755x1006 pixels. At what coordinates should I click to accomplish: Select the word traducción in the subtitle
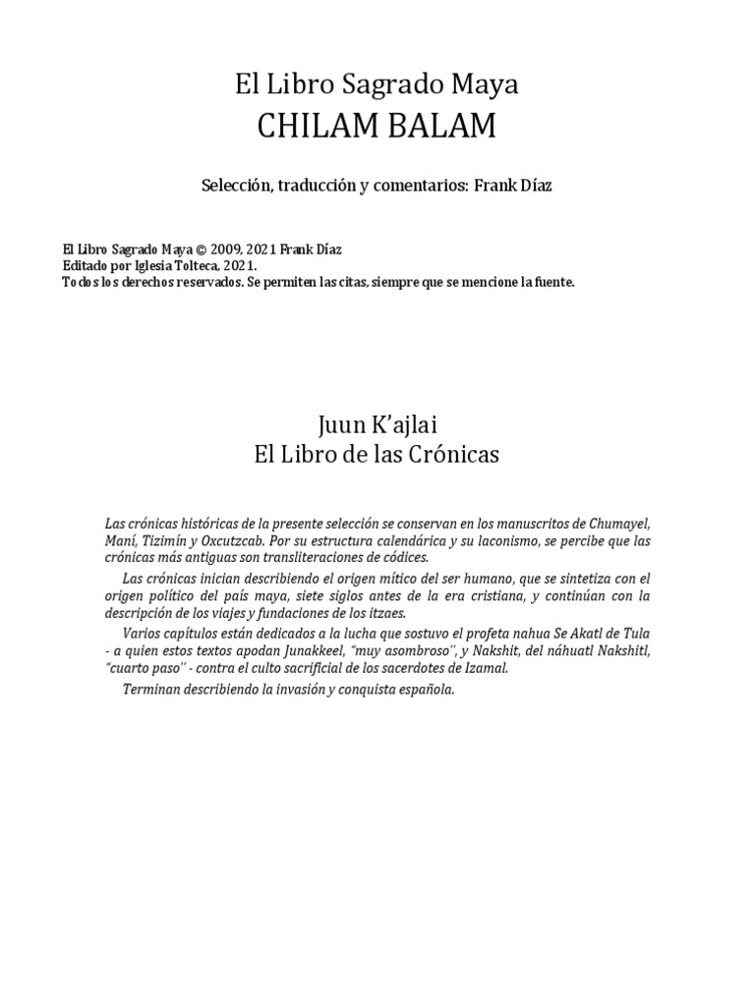[319, 186]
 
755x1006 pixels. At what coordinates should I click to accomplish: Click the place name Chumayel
[617, 521]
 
